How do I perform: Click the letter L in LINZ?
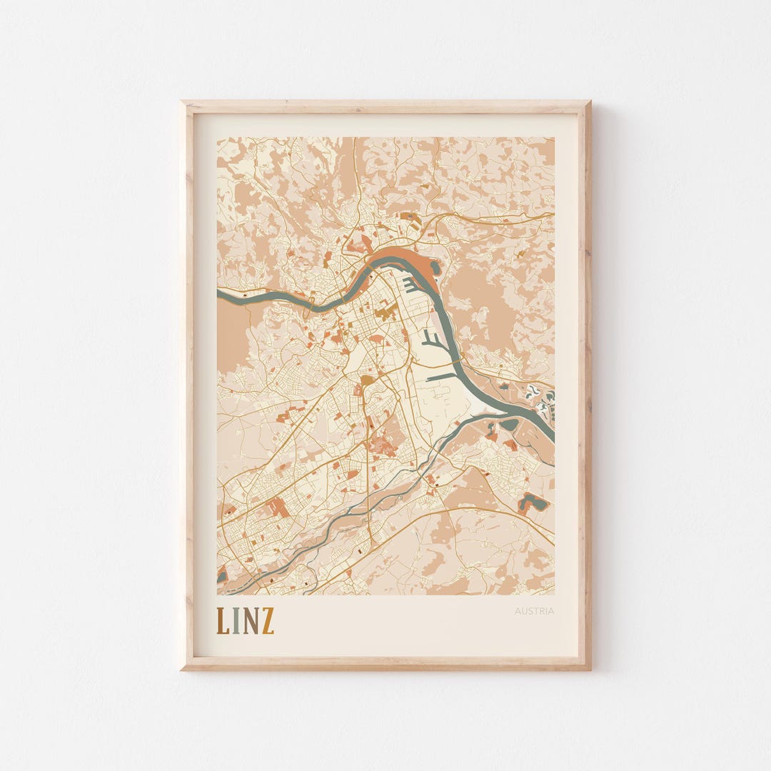click(x=222, y=622)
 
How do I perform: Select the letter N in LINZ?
click(x=250, y=622)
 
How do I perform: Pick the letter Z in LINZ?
click(x=267, y=622)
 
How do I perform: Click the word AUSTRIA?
click(x=534, y=611)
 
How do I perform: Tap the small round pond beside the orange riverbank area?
click(x=435, y=268)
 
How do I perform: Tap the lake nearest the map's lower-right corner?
click(x=533, y=503)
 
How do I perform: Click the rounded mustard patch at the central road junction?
click(x=366, y=380)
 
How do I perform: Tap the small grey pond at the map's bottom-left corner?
click(x=221, y=573)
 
